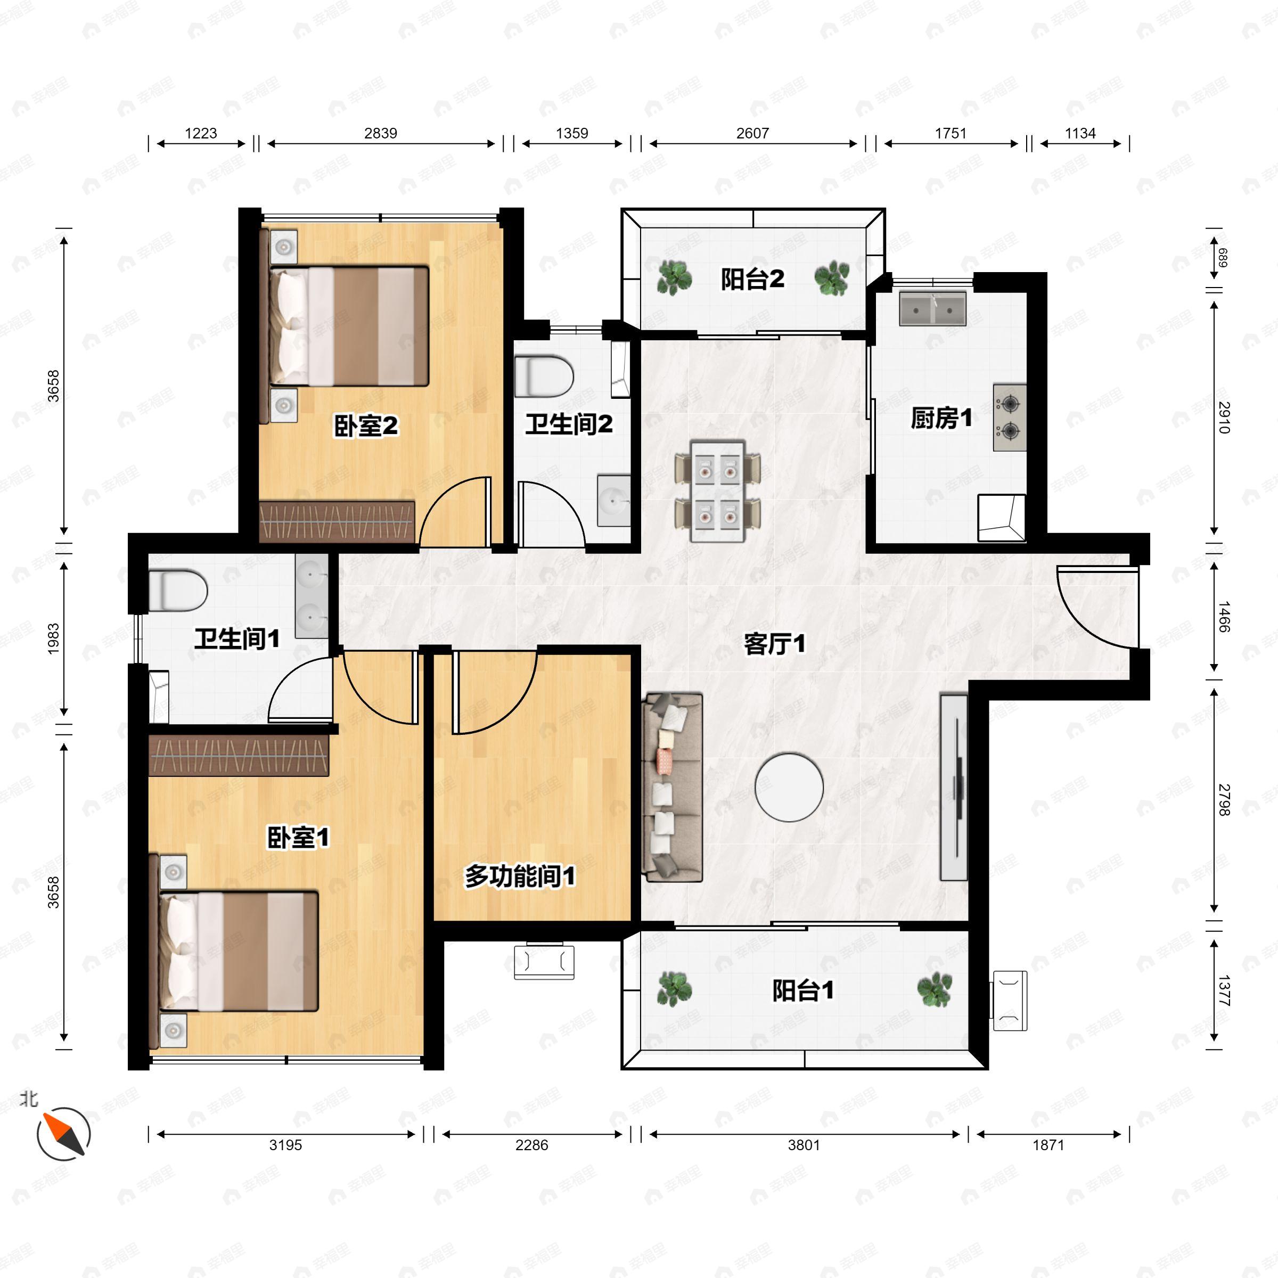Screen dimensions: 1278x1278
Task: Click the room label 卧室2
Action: tap(366, 426)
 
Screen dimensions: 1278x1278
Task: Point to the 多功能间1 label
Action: tap(520, 876)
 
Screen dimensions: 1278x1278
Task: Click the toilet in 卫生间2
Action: tap(544, 376)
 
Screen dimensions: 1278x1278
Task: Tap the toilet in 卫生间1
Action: tap(177, 590)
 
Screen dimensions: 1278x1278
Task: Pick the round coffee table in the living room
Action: tap(789, 787)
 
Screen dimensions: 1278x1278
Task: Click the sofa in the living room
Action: tap(672, 787)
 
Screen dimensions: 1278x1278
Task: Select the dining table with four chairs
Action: tap(717, 490)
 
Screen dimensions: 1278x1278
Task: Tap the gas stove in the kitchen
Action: tap(1010, 417)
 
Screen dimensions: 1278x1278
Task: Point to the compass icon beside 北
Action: tap(63, 1134)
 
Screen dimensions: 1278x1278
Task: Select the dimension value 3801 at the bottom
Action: tap(804, 1144)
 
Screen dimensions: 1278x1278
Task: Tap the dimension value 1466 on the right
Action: tap(1223, 617)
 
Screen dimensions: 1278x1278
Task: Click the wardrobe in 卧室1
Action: tap(239, 755)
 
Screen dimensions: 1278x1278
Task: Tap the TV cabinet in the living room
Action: tap(954, 787)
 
